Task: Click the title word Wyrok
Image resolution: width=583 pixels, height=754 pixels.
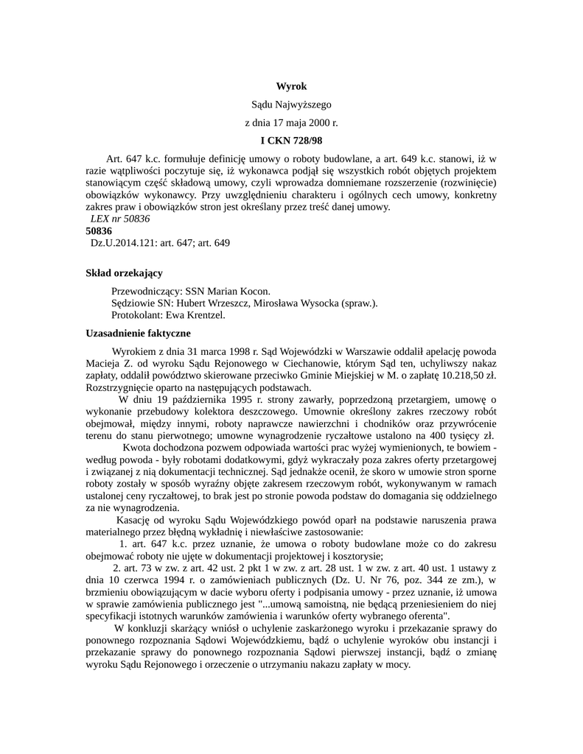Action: pyautogui.click(x=291, y=87)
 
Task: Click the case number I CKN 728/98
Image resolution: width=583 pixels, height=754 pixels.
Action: pyautogui.click(x=291, y=140)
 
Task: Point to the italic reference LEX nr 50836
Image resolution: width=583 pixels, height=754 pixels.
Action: pyautogui.click(x=119, y=219)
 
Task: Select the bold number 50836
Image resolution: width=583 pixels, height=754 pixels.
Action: pyautogui.click(x=99, y=230)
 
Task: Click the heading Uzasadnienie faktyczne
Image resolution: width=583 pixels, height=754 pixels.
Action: pyautogui.click(x=139, y=333)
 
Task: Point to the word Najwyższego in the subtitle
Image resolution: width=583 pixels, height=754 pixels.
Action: pyautogui.click(x=303, y=105)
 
